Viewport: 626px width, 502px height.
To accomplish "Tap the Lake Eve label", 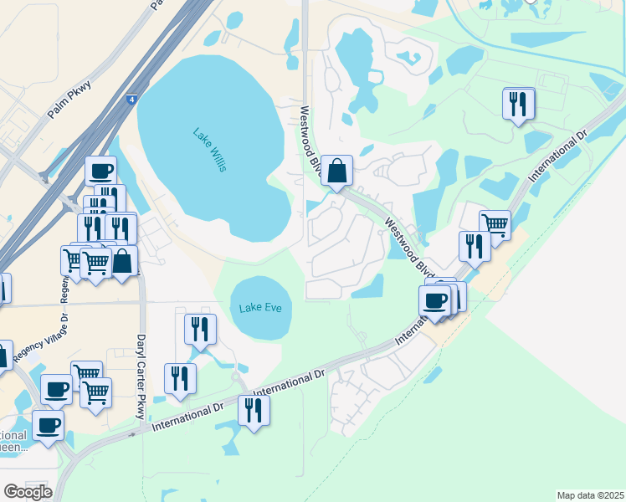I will [260, 308].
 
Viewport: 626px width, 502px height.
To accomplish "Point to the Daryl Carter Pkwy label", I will [141, 376].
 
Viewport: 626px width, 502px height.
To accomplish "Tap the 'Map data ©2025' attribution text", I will [590, 495].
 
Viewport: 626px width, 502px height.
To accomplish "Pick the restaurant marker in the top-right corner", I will [518, 104].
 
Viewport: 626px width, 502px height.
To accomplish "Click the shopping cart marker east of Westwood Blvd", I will [495, 224].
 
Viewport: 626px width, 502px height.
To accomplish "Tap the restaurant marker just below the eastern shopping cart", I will [474, 246].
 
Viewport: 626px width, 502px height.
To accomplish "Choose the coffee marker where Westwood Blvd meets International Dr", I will [435, 300].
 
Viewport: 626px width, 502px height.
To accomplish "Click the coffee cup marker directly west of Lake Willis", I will [101, 171].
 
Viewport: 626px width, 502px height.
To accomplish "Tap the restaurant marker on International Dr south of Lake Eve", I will [254, 410].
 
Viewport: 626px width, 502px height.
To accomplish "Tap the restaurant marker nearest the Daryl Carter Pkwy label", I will [181, 378].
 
